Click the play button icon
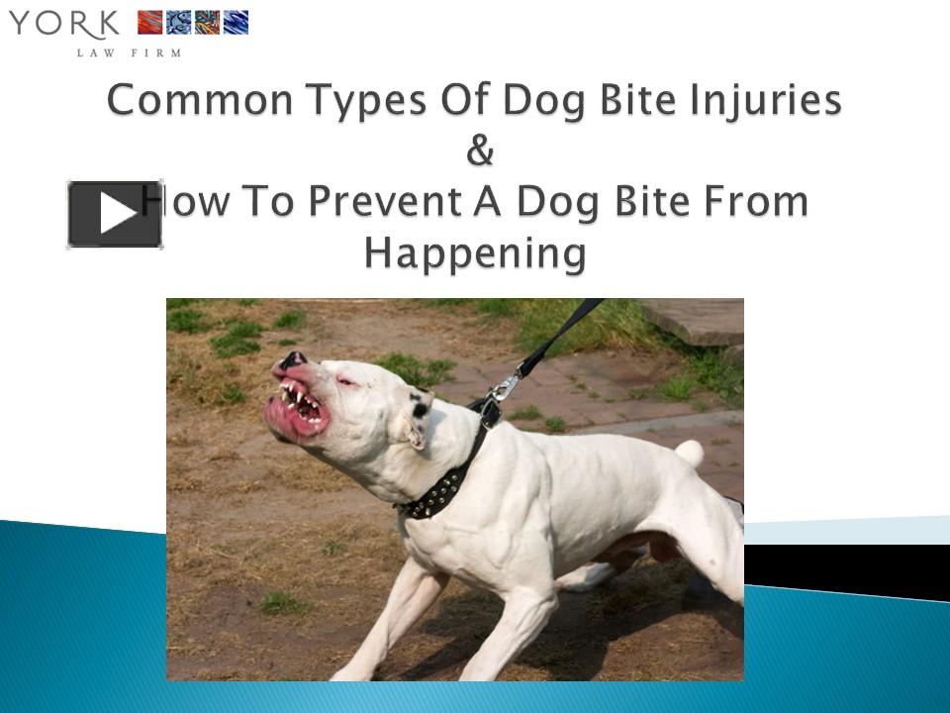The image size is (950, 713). click(x=115, y=214)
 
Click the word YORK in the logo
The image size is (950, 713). click(x=64, y=23)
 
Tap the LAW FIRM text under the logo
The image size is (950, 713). click(x=130, y=52)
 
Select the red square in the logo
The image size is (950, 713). click(x=149, y=23)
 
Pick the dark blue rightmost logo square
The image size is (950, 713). click(x=237, y=23)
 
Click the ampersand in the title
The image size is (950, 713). click(x=479, y=152)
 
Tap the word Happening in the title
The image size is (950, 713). click(x=475, y=254)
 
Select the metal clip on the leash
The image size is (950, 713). click(x=505, y=385)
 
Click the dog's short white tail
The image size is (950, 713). click(x=690, y=454)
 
